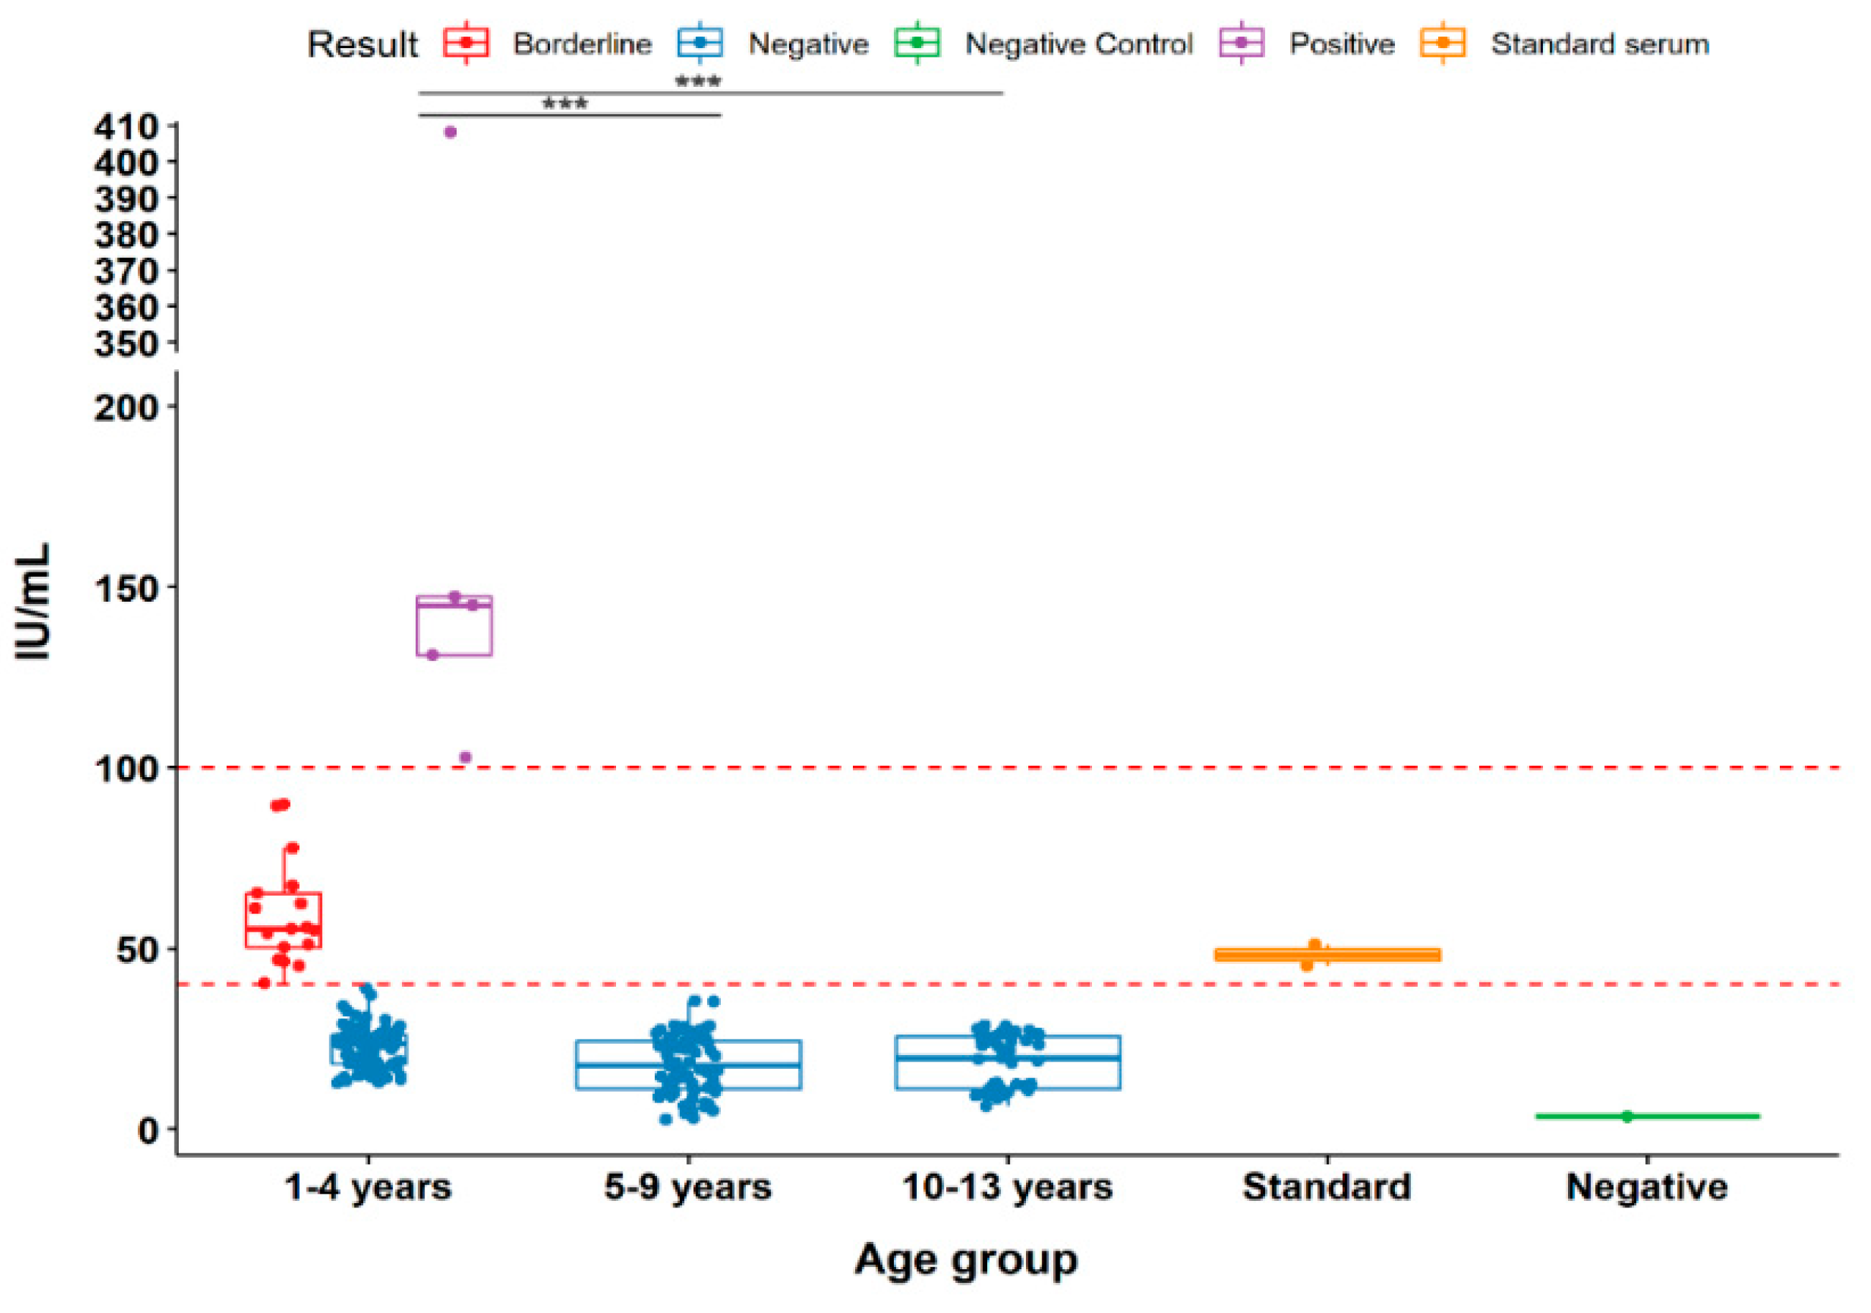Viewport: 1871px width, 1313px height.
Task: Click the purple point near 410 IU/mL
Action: [450, 132]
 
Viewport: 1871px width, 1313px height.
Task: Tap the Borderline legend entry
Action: [581, 44]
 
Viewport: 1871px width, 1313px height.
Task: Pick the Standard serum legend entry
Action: [1599, 44]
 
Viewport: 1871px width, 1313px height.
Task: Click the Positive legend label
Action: [1340, 44]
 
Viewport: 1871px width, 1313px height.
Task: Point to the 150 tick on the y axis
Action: [126, 588]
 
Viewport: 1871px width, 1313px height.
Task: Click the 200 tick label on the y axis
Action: [126, 407]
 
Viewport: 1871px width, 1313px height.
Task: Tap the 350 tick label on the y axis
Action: [126, 344]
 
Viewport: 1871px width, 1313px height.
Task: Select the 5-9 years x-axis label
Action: [687, 1187]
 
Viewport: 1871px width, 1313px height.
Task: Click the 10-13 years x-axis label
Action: [1007, 1187]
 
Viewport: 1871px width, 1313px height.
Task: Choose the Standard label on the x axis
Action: [1326, 1187]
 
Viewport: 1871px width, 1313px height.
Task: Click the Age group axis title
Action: [966, 1260]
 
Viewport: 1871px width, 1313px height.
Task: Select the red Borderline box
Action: [283, 919]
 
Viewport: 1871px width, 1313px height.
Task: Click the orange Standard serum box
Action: [1327, 955]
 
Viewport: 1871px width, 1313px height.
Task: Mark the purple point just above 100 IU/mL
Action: [465, 757]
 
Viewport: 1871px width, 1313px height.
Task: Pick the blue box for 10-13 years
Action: [1007, 1062]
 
